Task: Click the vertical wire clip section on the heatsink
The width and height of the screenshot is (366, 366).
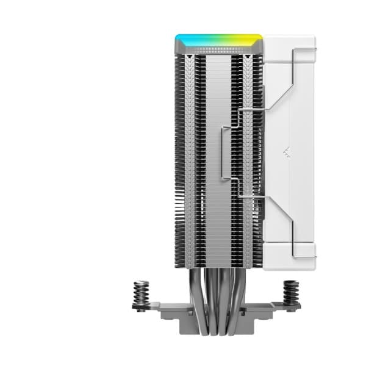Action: (x=224, y=152)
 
